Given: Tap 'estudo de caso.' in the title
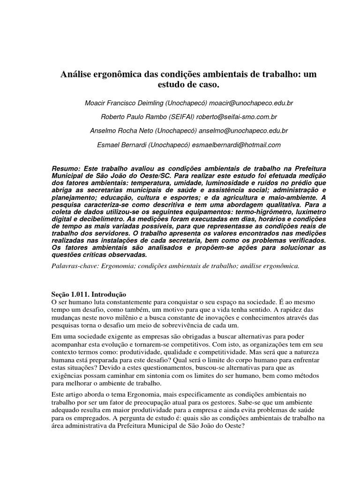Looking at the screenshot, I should pyautogui.click(x=180, y=85).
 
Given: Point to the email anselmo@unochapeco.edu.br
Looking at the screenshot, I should pyautogui.click(x=243, y=131).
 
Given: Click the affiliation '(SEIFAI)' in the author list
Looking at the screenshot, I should pyautogui.click(x=180, y=117).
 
